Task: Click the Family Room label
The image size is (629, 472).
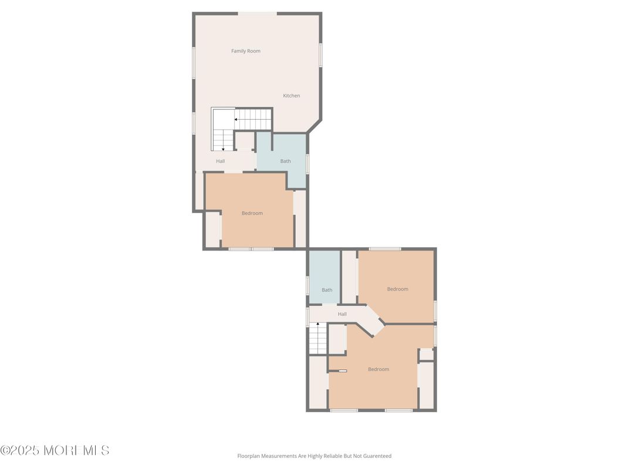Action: coord(245,51)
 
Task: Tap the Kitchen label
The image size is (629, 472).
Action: coord(291,96)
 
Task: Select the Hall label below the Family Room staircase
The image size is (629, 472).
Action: coord(220,161)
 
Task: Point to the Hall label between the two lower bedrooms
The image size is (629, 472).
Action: coord(342,314)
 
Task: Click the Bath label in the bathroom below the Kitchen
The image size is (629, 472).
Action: coord(285,161)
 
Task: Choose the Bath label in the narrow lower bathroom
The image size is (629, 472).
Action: coord(327,290)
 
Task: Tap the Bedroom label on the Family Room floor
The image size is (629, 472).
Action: coord(252,213)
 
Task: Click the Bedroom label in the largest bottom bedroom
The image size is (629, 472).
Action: coord(378,369)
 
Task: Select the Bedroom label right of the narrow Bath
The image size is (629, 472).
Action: coord(398,289)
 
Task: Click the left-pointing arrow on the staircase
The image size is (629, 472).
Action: coord(236,119)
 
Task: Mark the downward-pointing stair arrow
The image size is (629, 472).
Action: coord(223,149)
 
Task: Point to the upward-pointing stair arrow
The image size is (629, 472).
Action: coord(317,323)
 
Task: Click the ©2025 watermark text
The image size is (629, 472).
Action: coord(20,450)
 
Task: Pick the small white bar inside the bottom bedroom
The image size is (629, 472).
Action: coord(343,371)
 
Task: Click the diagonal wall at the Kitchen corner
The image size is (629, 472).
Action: coord(314,126)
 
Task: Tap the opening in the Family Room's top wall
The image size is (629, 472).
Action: coord(257,14)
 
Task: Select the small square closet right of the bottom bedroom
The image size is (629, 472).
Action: coord(427,355)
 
